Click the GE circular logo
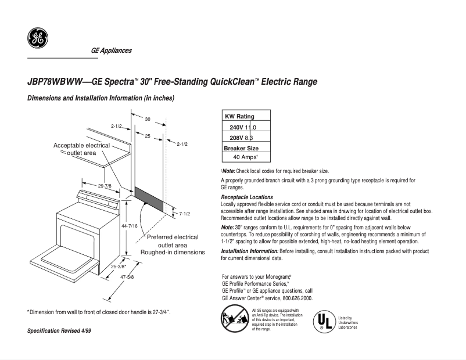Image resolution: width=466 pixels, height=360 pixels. (38, 39)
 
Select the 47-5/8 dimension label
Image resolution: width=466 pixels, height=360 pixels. (127, 278)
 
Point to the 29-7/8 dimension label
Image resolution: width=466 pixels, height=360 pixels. (105, 186)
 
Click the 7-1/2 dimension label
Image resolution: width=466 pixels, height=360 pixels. (185, 214)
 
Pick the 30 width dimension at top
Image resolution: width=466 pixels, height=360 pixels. (148, 119)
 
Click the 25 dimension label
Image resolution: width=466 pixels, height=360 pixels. (148, 136)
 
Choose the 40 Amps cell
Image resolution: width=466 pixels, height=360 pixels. (246, 157)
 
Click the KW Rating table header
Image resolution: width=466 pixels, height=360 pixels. (239, 117)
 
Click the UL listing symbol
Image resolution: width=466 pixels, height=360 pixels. (322, 321)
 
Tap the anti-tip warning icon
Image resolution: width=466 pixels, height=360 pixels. (232, 319)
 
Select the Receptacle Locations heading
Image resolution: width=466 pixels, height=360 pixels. (247, 197)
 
